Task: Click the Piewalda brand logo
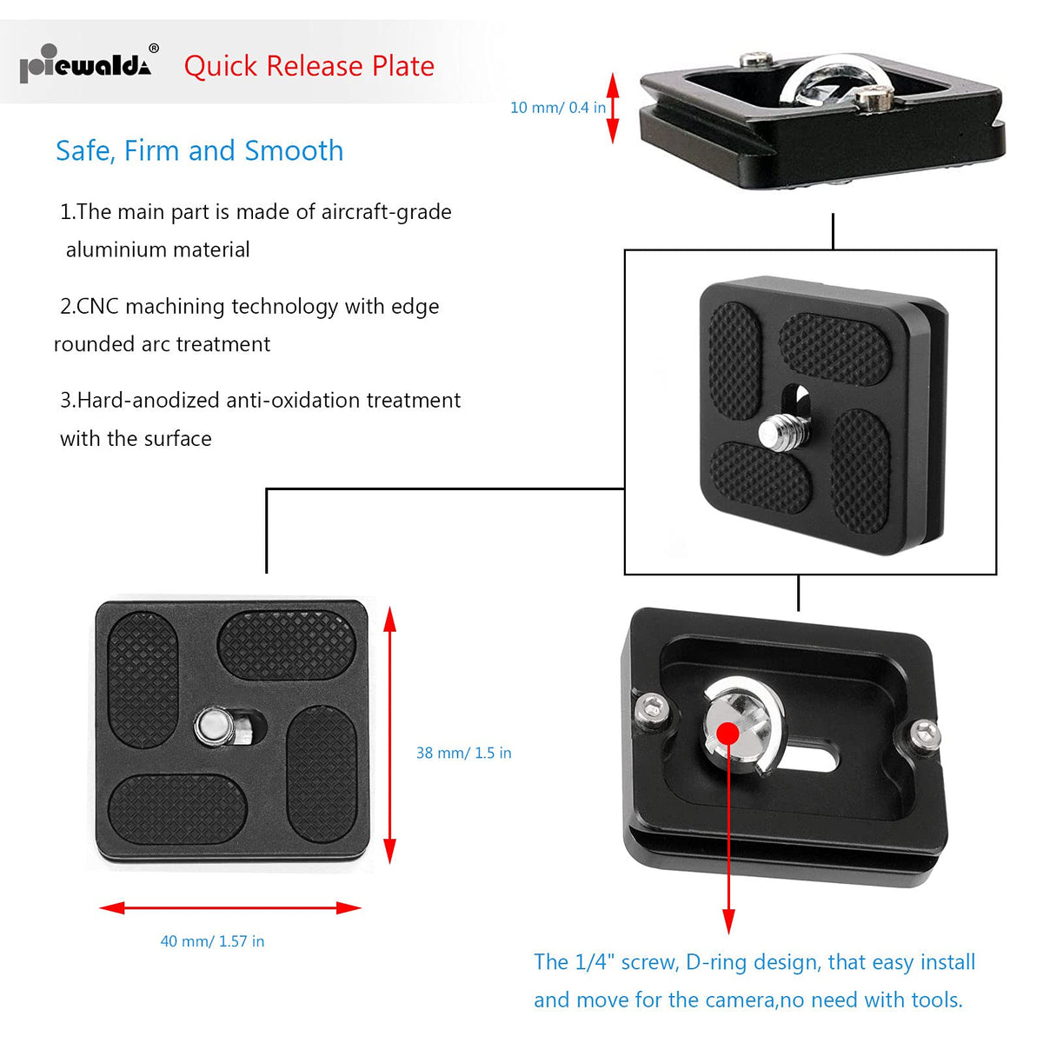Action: [x=85, y=65]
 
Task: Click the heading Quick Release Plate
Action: [x=309, y=66]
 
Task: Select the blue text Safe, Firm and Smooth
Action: [x=199, y=150]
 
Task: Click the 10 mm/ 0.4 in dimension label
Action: [x=557, y=108]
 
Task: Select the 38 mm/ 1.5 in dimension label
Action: [x=463, y=753]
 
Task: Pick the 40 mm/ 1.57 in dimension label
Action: [x=212, y=941]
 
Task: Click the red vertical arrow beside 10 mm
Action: [x=612, y=108]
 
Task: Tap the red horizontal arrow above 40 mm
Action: [x=230, y=908]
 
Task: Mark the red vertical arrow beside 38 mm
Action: [x=389, y=734]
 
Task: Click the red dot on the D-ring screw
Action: [x=727, y=734]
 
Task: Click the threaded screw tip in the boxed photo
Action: [x=775, y=429]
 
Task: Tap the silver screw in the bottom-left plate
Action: [x=213, y=726]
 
